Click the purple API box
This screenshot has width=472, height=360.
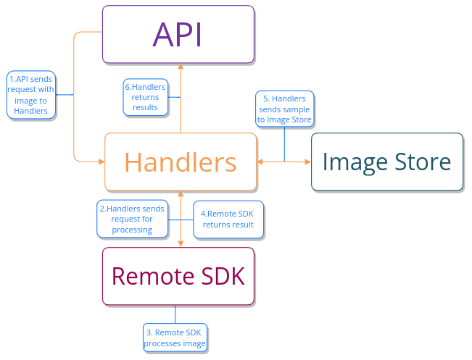point(178,34)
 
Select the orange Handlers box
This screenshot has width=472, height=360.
point(181,162)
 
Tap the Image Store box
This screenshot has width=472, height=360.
point(387,162)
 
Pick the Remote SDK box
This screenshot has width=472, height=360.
point(178,276)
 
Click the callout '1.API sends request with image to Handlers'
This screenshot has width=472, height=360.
point(31,95)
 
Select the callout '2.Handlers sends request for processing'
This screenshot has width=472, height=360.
point(132,219)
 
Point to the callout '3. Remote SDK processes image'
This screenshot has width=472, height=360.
point(175,338)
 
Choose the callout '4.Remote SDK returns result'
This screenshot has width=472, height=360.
point(228,219)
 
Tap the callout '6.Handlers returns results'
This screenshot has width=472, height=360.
point(145,97)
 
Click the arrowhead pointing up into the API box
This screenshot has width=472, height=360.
point(181,67)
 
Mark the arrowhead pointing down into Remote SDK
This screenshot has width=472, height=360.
point(181,243)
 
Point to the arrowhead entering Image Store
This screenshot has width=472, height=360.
point(307,162)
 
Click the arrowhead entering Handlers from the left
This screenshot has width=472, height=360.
point(101,160)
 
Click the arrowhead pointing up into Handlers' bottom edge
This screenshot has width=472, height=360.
point(181,194)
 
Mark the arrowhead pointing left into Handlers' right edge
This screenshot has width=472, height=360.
point(261,162)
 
